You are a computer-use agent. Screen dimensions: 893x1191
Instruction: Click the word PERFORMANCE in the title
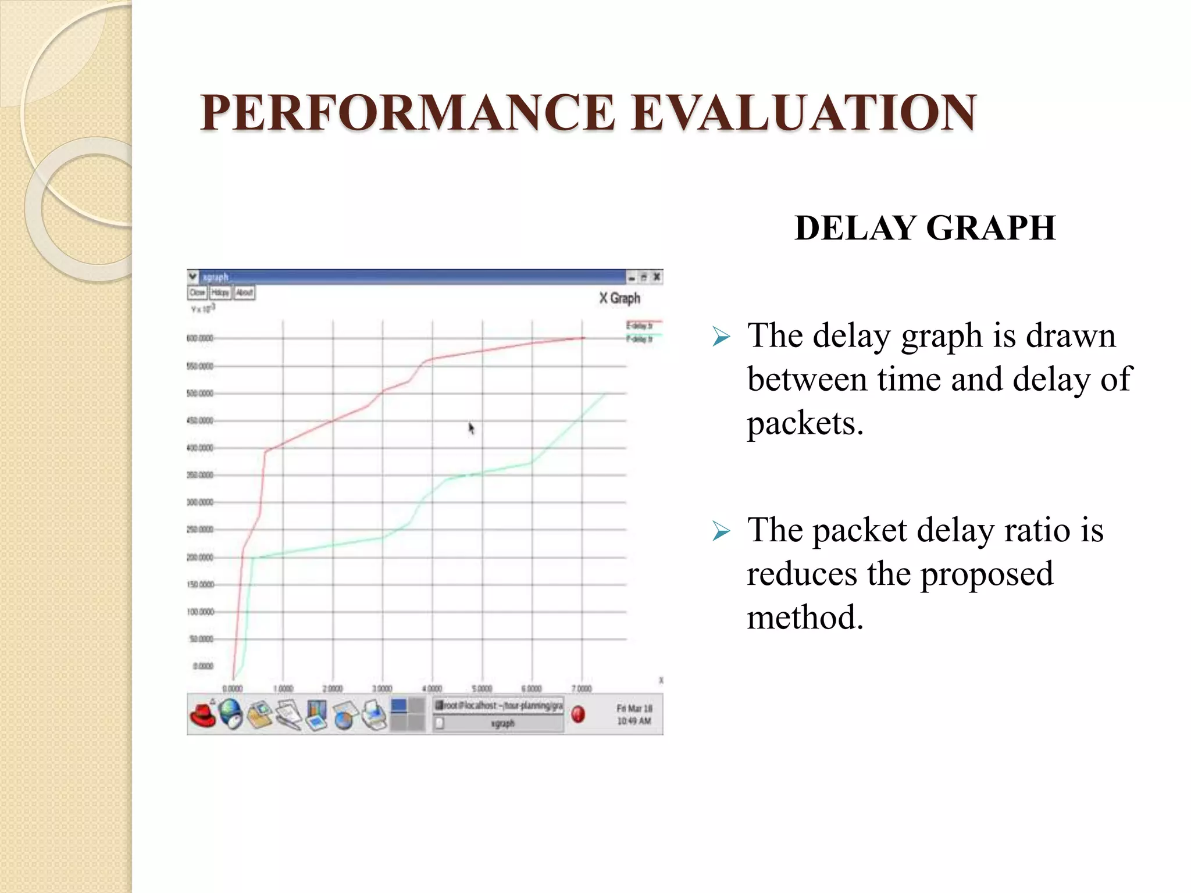407,113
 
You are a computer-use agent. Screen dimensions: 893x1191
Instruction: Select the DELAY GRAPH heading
925,228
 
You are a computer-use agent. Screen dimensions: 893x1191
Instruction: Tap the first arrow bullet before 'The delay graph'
721,337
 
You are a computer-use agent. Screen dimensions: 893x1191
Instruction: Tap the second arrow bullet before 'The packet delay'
721,531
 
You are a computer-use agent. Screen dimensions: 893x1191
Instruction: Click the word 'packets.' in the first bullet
805,423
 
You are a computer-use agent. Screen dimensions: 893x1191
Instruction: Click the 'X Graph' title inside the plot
619,298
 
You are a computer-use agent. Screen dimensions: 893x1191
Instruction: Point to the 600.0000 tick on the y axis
199,338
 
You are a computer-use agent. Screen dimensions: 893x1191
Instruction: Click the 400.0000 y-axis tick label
199,448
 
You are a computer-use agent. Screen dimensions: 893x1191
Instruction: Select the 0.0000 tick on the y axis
202,666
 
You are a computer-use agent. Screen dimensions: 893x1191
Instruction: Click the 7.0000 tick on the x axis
582,688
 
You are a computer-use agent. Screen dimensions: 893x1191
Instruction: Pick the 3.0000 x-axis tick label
382,688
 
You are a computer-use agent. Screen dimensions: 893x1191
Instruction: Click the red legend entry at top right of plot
640,325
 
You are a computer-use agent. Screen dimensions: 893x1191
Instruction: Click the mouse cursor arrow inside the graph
471,428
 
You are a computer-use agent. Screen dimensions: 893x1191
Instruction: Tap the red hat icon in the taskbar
202,715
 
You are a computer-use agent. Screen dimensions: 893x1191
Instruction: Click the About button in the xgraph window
244,292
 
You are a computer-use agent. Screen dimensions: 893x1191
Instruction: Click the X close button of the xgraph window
657,277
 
